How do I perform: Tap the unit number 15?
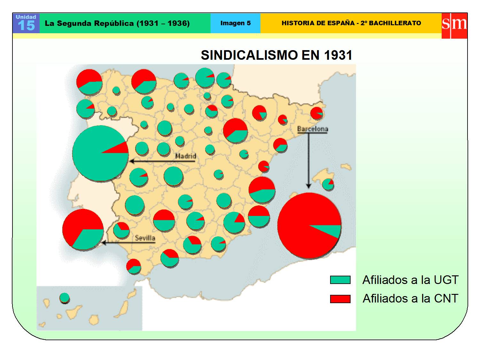[x=26, y=26]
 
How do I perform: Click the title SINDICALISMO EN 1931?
[x=276, y=55]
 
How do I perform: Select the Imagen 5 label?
[x=236, y=23]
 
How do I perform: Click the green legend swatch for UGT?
[x=340, y=280]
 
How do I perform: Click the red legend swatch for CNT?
[x=340, y=299]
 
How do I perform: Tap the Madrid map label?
[x=186, y=156]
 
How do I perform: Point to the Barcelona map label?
[x=313, y=129]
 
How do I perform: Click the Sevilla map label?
[x=145, y=238]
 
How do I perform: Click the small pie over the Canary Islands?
[x=64, y=298]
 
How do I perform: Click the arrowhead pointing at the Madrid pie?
[x=132, y=161]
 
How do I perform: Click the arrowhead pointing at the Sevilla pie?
[x=104, y=243]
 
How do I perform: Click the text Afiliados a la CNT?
[x=410, y=299]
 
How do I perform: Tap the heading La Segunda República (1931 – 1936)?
[x=117, y=23]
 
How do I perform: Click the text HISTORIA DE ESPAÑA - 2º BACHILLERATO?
[x=351, y=23]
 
